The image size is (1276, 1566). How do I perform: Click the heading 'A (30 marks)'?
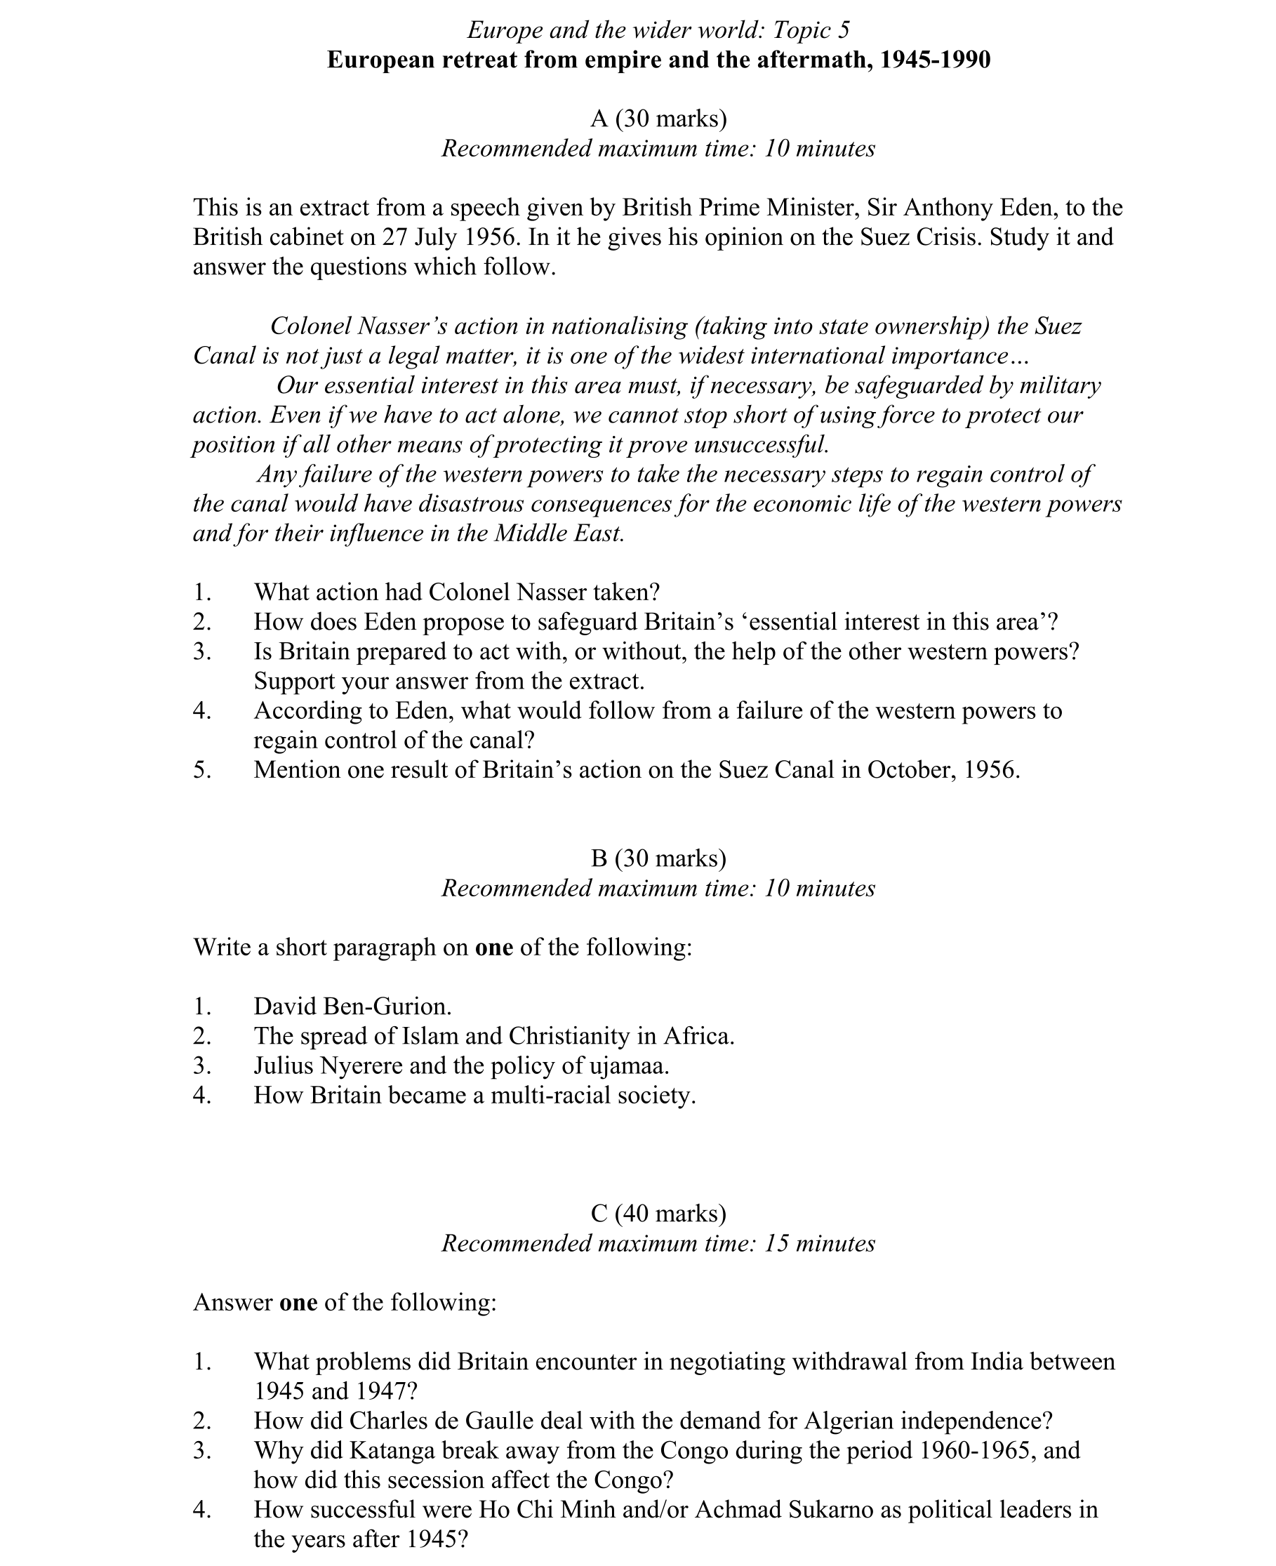click(658, 119)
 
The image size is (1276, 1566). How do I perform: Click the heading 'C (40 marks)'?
click(658, 1213)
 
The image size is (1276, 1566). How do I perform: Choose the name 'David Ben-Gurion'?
click(352, 1007)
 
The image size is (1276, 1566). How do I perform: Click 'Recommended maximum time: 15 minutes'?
click(658, 1243)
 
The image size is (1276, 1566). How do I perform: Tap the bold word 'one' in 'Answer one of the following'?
click(298, 1303)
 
